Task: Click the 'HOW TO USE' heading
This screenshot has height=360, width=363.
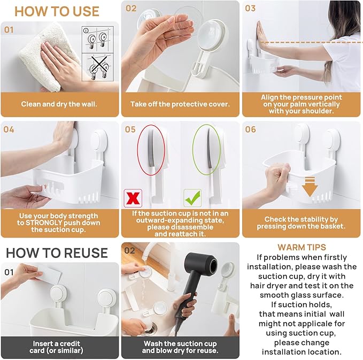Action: click(x=57, y=11)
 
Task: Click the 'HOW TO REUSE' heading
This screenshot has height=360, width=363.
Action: click(x=57, y=252)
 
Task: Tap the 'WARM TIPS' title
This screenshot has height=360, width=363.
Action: click(x=302, y=247)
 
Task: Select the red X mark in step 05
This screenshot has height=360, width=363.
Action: click(x=133, y=197)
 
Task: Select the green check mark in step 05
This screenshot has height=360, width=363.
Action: click(x=192, y=197)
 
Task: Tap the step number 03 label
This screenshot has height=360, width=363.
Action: click(x=250, y=9)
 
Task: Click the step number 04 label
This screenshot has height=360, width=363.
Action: click(x=9, y=129)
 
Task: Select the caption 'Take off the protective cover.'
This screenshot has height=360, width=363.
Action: click(x=180, y=104)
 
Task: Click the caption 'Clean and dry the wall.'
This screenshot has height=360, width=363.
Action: click(x=59, y=104)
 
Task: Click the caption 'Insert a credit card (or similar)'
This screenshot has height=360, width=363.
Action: click(x=59, y=347)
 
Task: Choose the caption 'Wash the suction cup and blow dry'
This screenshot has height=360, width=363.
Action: click(x=180, y=347)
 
